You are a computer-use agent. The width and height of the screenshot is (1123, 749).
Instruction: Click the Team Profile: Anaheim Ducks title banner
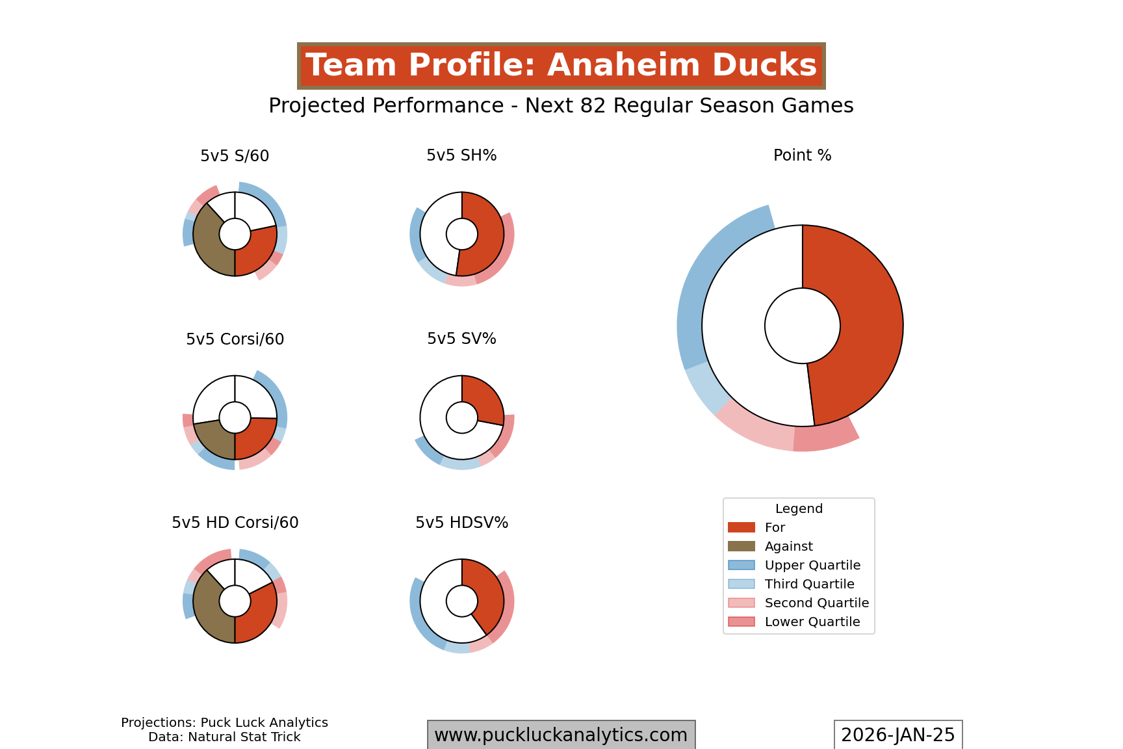(561, 66)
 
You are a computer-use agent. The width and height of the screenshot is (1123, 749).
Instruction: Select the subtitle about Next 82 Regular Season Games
(561, 105)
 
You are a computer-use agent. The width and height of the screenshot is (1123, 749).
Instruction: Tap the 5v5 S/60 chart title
(235, 156)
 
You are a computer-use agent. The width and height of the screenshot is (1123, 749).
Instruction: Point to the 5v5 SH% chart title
(461, 155)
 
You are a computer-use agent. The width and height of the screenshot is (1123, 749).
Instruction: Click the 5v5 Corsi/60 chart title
(235, 339)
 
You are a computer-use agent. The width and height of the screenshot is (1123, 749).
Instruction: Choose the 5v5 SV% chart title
(461, 339)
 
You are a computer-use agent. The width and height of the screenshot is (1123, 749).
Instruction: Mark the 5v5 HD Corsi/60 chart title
(235, 523)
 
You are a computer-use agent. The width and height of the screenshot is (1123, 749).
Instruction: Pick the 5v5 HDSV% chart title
(461, 523)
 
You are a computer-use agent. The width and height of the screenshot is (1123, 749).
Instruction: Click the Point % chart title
(802, 155)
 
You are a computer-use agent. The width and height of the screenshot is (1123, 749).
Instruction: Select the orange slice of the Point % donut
(858, 325)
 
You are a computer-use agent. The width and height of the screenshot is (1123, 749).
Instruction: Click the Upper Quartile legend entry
(812, 565)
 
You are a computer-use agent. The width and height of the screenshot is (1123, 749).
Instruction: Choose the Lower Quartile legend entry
(812, 622)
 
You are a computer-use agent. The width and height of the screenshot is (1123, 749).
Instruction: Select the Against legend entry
(788, 546)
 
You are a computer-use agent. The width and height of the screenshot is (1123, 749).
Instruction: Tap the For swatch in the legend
(742, 527)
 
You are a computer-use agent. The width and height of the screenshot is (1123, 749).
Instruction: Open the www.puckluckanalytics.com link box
(561, 735)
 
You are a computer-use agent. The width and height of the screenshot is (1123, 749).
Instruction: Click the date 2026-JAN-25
(897, 735)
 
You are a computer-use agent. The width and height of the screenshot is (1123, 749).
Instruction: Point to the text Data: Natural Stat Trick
(224, 737)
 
